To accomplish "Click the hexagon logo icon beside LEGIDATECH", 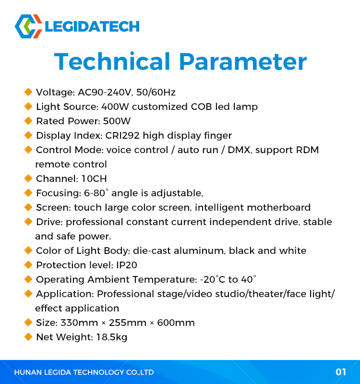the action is (28, 26).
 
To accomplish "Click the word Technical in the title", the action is (112, 61).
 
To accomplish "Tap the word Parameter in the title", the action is (243, 61).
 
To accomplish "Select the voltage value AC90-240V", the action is (105, 92).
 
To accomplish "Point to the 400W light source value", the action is (115, 107).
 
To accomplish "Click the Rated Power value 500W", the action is (117, 121).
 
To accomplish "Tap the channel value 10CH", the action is (94, 179).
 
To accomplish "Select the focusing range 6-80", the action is (95, 193).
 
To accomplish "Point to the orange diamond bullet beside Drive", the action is (28, 222).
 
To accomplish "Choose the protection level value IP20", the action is (126, 265).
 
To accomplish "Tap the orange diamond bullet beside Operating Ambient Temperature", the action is (28, 279).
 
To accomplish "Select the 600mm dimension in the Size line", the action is (176, 323).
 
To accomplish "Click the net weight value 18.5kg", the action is (112, 337).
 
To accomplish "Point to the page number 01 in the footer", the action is (341, 372).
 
